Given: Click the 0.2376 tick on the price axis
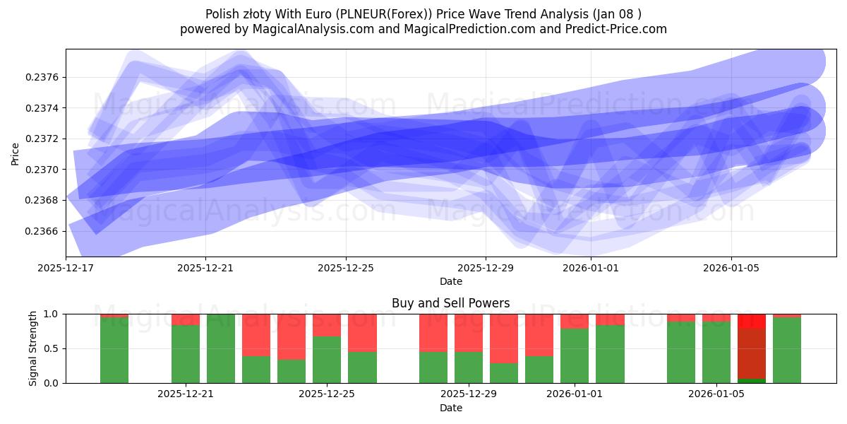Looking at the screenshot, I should [x=44, y=77].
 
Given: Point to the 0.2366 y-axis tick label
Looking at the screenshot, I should [x=44, y=231].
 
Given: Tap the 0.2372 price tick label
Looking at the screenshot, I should [x=44, y=139].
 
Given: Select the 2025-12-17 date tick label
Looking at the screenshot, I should [x=66, y=268].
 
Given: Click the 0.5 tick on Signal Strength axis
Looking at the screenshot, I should [x=54, y=348].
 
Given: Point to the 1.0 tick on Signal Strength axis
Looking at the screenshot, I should [x=54, y=314].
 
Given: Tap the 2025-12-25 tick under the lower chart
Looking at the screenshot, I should [x=327, y=394].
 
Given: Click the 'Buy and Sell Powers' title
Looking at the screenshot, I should [x=450, y=303].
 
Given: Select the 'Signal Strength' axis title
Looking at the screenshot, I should [x=33, y=348].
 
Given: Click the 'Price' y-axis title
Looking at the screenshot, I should [x=16, y=153].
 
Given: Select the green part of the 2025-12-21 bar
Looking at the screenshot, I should [x=186, y=353].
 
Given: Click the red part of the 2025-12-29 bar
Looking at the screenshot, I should [x=469, y=332].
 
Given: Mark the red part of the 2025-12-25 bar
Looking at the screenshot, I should [x=327, y=324].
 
